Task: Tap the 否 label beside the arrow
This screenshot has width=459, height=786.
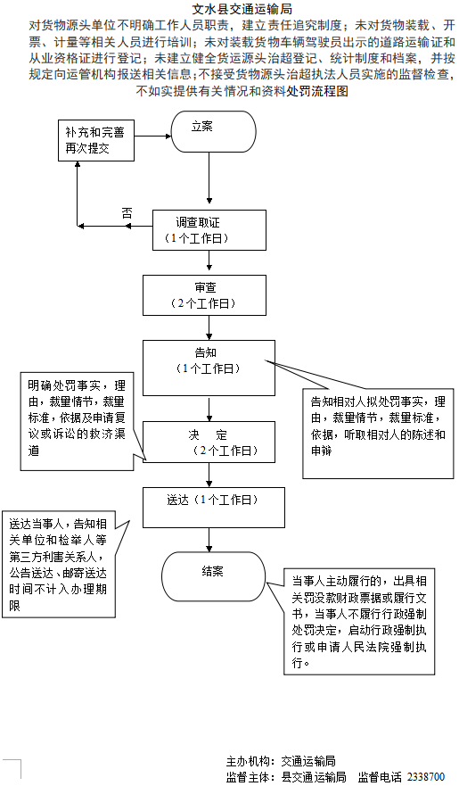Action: (x=127, y=212)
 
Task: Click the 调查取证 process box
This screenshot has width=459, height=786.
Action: (x=209, y=230)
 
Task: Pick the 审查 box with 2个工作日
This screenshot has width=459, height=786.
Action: (x=204, y=294)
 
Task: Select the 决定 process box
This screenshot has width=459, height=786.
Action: (x=209, y=442)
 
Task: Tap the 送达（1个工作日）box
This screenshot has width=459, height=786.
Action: (x=209, y=506)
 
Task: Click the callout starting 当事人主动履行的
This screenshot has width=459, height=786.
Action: (x=360, y=622)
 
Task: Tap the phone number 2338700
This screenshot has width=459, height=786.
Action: (x=426, y=777)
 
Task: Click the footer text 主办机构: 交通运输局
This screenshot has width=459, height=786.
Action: (x=280, y=761)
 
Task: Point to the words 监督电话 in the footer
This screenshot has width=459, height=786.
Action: (x=380, y=777)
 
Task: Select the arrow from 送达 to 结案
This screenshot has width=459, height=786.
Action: (x=209, y=539)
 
